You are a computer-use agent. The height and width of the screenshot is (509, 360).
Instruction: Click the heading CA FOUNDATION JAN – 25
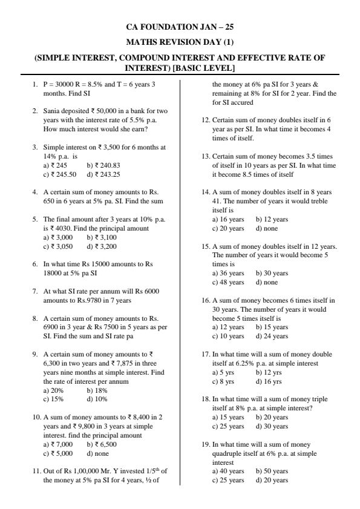180,27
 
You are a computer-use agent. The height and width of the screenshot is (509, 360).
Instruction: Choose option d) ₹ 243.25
103,174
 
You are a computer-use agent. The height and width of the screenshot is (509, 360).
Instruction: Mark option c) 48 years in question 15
228,282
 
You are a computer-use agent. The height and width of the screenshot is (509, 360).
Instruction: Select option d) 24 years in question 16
272,336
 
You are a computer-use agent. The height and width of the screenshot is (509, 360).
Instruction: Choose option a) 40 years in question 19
228,471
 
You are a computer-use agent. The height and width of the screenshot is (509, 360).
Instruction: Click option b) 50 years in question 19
272,471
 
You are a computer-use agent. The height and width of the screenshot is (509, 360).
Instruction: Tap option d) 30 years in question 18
272,426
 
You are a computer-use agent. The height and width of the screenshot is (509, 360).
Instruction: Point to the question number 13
206,156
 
